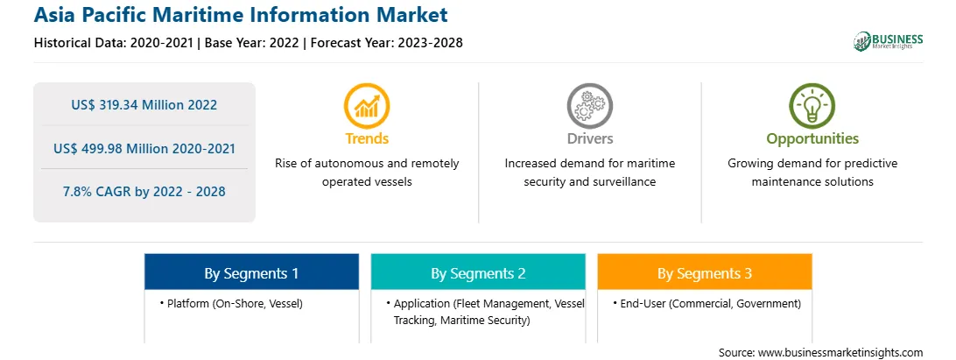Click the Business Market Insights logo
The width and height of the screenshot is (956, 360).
click(x=889, y=41)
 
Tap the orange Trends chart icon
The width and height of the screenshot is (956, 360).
click(x=367, y=105)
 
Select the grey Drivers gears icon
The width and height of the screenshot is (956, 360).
click(x=589, y=105)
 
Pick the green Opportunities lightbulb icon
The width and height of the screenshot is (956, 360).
click(x=812, y=105)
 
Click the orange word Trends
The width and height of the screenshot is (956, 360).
click(x=367, y=138)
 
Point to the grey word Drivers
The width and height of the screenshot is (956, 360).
click(x=589, y=138)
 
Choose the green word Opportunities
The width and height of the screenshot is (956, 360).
click(x=812, y=139)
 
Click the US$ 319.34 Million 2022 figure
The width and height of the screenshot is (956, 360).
click(x=144, y=105)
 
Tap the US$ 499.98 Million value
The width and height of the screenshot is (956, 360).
click(x=124, y=148)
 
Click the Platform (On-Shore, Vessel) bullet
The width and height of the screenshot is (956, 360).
click(x=231, y=303)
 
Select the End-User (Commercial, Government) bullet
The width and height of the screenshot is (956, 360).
click(x=706, y=303)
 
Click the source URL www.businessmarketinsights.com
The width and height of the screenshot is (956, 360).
click(x=840, y=352)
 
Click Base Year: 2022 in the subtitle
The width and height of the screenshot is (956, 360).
click(x=251, y=43)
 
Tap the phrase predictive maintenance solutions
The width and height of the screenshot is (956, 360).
click(x=812, y=173)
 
